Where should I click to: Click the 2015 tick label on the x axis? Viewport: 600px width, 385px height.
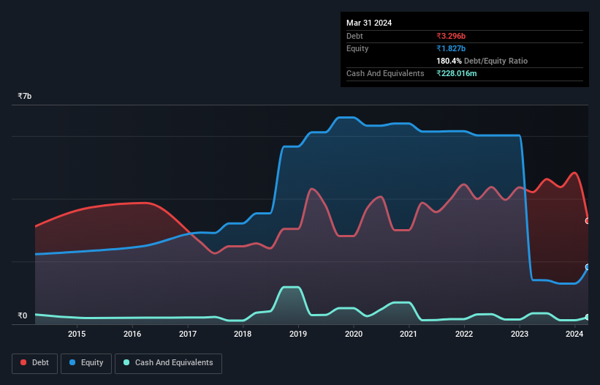tap(77, 334)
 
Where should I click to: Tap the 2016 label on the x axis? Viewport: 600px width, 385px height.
tap(132, 334)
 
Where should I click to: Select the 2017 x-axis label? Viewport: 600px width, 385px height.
tap(188, 334)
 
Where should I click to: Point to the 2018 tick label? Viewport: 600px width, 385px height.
tap(243, 334)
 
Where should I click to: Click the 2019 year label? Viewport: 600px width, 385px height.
tap(298, 334)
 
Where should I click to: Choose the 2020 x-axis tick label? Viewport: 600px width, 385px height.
tap(354, 334)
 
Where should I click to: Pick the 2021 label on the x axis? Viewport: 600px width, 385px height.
tap(409, 334)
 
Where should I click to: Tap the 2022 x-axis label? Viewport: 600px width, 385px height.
tap(464, 334)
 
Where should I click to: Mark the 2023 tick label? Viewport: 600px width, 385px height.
tap(520, 334)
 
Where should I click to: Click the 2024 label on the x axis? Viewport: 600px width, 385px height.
tap(574, 334)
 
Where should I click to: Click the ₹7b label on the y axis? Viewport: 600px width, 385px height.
tap(25, 97)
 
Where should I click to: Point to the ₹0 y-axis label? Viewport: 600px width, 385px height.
tap(22, 316)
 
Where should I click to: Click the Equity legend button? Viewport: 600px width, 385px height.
tap(86, 363)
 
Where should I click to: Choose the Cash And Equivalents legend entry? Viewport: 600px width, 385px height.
tap(168, 363)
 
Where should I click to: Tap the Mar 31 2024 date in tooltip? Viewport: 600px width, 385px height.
tap(369, 23)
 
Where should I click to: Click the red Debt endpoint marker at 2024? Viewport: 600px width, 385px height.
tap(588, 220)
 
